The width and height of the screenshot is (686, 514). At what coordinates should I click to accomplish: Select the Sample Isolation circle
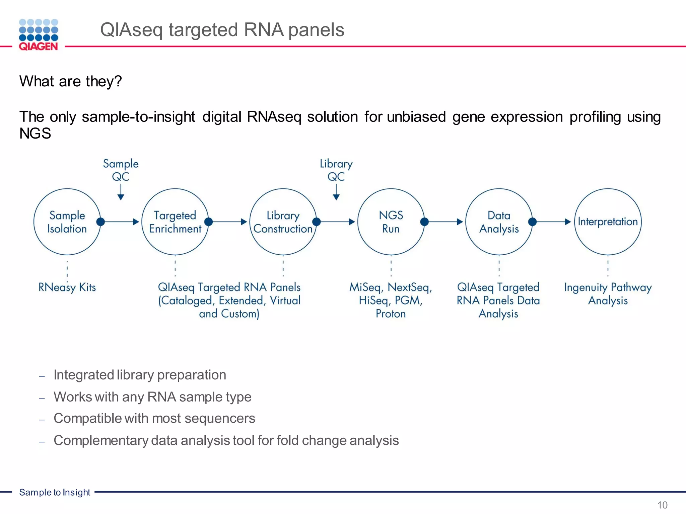[x=67, y=222]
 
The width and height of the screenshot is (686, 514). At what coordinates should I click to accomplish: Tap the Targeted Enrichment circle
[x=175, y=222]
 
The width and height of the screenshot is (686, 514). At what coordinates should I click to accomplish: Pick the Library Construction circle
[x=283, y=222]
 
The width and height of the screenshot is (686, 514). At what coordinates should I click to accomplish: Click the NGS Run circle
[x=391, y=222]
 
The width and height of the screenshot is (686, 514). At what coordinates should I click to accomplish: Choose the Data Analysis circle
[x=499, y=222]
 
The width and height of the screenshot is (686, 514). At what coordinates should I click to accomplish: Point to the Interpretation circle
[x=608, y=222]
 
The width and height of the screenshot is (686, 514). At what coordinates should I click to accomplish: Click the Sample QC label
[x=121, y=170]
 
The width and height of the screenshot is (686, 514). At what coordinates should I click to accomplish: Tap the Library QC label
[x=336, y=170]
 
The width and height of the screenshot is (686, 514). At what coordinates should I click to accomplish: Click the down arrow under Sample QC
[x=121, y=193]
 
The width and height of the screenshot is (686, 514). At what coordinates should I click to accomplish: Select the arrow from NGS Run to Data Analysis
[x=445, y=222]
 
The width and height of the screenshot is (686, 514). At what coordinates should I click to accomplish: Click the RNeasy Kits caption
[x=67, y=287]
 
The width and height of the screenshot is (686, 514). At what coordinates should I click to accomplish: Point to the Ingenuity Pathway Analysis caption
[x=608, y=294]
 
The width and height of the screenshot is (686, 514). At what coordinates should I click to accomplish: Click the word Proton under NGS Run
[x=391, y=314]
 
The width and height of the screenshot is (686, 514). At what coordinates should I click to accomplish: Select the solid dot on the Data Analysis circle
[x=532, y=222]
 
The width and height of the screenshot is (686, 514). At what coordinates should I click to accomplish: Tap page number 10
[x=662, y=505]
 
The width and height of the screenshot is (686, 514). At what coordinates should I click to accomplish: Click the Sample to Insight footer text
[x=55, y=492]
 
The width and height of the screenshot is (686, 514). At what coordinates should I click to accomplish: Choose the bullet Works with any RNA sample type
[x=152, y=397]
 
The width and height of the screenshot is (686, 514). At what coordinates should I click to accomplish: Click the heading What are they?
[x=70, y=81]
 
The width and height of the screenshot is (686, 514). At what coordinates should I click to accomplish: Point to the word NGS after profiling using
[x=35, y=134]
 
